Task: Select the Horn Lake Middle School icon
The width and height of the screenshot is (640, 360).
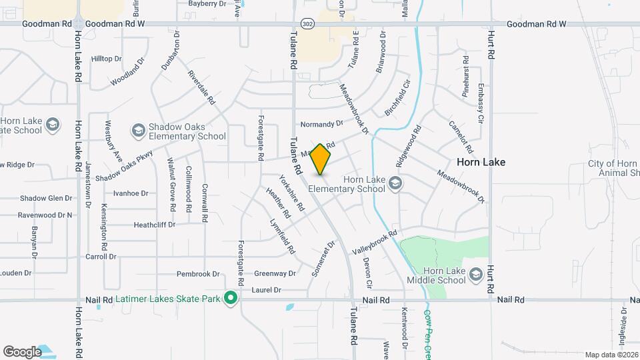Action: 475,275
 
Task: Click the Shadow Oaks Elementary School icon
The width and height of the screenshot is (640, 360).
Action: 139,130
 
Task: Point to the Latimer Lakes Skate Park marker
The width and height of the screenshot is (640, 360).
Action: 231,298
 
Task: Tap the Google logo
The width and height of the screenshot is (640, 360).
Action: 22,351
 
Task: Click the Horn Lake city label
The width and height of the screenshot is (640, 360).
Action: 481,162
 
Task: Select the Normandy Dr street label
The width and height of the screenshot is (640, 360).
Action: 321,124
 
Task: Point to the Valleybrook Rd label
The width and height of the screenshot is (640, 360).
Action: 374,239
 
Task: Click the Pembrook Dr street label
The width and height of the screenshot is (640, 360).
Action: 198,274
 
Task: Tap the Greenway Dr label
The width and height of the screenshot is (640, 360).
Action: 275,273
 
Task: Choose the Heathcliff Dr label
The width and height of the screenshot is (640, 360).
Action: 154,225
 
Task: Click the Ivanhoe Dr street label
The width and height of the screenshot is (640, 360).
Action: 131,193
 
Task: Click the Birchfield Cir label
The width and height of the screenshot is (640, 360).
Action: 398,97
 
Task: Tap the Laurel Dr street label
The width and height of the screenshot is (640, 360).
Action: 267,290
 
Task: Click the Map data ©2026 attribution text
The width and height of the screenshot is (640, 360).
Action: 611,355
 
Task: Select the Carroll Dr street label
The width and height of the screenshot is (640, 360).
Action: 101,257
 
